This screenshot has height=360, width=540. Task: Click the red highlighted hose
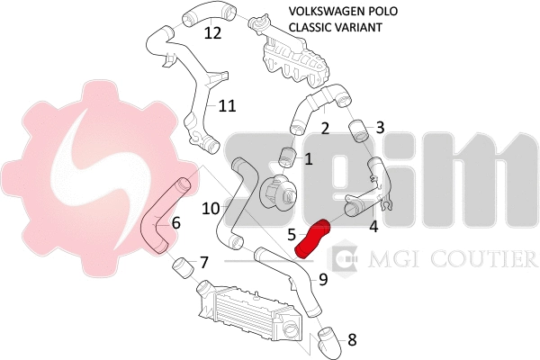point(311,238)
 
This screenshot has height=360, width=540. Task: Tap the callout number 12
point(212,33)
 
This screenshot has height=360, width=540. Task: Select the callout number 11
point(228,106)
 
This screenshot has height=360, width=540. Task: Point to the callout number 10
point(211,208)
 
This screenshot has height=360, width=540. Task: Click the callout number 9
point(323,279)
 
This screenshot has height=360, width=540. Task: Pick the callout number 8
point(352,340)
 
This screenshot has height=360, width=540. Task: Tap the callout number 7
point(204,263)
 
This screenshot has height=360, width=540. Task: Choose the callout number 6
point(176,223)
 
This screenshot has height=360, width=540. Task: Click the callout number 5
point(292,235)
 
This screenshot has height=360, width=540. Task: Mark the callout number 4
point(373,227)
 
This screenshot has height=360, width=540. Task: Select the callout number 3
point(380,128)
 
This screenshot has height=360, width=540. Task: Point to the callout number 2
point(325,129)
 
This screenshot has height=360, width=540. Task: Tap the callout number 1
point(309,159)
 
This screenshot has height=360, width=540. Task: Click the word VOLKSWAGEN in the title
point(324,11)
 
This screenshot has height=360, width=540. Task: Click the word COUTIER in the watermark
point(484,258)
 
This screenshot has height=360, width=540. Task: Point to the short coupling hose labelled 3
point(358,130)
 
